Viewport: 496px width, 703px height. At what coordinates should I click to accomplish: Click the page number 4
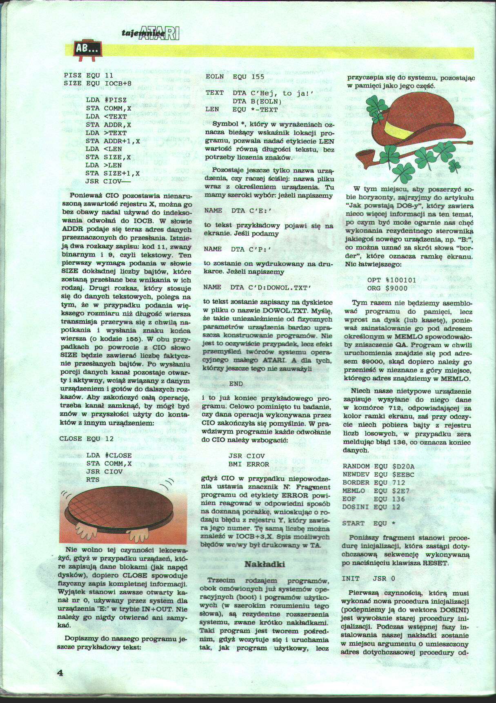(x=60, y=672)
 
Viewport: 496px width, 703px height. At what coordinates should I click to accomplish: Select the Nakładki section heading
(x=264, y=564)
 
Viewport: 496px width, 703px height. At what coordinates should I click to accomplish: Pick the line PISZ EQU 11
(x=88, y=76)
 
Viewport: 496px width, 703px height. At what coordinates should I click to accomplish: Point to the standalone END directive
(x=236, y=384)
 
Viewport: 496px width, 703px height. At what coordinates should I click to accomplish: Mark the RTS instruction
(x=93, y=480)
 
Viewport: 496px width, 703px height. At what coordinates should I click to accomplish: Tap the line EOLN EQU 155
(x=235, y=76)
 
